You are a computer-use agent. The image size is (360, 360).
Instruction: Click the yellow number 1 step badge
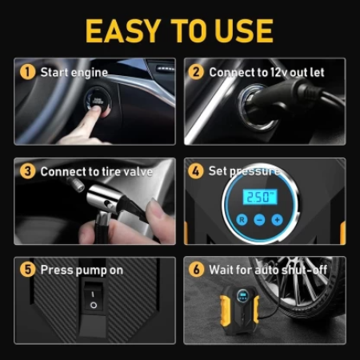tap(27, 72)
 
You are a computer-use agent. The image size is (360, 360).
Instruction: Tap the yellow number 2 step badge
tap(196, 72)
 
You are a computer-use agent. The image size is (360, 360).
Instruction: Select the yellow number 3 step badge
tap(27, 171)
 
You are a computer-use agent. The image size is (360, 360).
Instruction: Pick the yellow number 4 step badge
tap(196, 171)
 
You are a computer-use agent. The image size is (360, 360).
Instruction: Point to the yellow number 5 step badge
tap(27, 270)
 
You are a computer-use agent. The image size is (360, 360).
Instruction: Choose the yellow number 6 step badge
tap(196, 270)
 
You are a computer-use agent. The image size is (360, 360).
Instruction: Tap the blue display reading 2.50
tap(260, 197)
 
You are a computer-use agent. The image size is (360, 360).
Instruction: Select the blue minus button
tap(259, 220)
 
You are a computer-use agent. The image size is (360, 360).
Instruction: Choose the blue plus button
tap(278, 220)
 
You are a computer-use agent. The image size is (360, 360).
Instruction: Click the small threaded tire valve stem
tap(75, 184)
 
